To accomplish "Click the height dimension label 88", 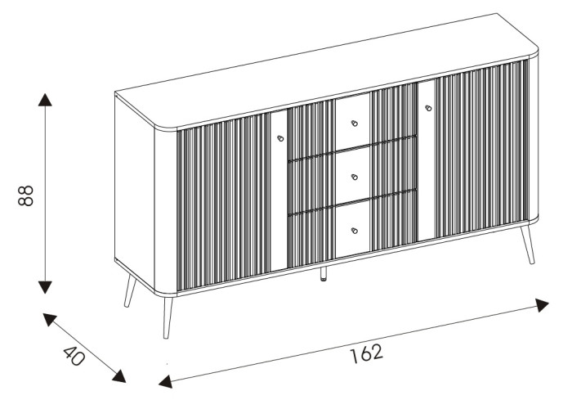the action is tap(25, 196).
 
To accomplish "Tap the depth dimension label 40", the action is tap(74, 356).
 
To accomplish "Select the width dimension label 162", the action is tap(367, 353).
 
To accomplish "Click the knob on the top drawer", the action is tap(354, 124).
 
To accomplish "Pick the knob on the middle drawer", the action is tap(354, 178).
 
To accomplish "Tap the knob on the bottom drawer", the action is tap(354, 231).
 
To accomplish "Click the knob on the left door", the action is tap(280, 138).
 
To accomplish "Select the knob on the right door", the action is tap(428, 108).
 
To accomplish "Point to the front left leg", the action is tap(168, 317).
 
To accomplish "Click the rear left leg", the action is tap(130, 291).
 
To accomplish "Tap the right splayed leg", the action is tap(528, 245).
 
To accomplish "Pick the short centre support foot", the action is tap(324, 274).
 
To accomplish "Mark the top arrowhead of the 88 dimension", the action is tap(45, 100).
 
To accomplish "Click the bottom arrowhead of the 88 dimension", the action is tap(45, 287).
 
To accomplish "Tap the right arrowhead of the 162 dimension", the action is tap(542, 305).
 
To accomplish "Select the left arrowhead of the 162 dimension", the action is tap(165, 381).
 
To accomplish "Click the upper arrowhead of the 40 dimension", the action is tap(49, 319).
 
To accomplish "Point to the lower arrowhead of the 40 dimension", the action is tap(119, 376).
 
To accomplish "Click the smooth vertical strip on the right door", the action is tap(427, 160).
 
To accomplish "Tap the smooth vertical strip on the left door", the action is tap(279, 191).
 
